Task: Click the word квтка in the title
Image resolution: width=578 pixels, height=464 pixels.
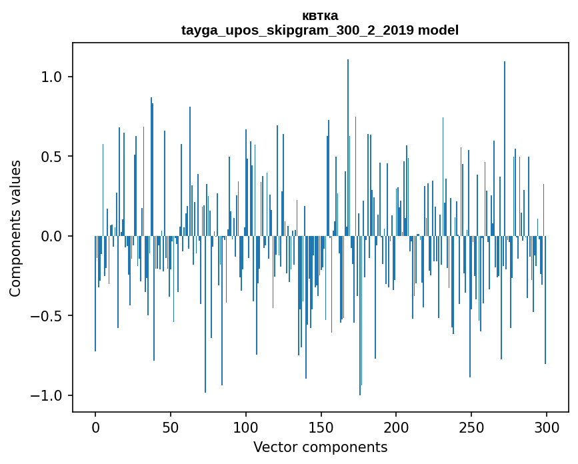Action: click(x=320, y=15)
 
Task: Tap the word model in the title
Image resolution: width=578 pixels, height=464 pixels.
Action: click(x=438, y=30)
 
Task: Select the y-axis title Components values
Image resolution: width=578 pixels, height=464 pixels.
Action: click(x=15, y=228)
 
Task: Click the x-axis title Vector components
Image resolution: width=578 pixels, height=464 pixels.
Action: click(x=320, y=447)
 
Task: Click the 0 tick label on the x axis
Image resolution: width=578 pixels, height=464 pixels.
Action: click(x=95, y=427)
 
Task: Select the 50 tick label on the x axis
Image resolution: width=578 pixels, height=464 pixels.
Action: click(x=171, y=427)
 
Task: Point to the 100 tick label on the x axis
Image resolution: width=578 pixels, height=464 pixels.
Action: click(x=246, y=427)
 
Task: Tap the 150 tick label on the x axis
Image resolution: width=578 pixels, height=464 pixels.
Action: click(x=321, y=427)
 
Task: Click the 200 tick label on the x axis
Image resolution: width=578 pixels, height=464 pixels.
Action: click(x=396, y=427)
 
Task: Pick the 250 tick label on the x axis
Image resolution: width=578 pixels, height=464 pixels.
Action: click(x=471, y=427)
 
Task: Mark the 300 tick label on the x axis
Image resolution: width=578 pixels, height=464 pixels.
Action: click(x=547, y=427)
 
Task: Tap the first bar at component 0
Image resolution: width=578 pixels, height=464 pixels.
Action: click(x=95, y=293)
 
